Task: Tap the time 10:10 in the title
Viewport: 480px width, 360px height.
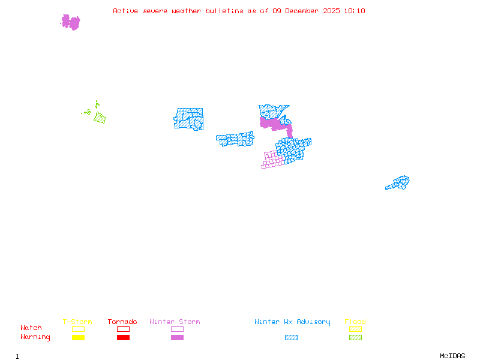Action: coord(356,11)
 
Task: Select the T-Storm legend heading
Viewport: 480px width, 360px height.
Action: coord(77,322)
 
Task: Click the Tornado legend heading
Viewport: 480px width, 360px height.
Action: coord(122,322)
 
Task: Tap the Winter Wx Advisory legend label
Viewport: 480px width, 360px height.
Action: coord(292,322)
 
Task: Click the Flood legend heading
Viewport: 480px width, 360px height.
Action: coord(355,322)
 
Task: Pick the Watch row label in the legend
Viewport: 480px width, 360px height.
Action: coord(31,328)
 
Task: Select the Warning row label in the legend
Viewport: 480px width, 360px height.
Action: coord(35,337)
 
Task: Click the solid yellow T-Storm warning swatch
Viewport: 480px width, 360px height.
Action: coord(78,337)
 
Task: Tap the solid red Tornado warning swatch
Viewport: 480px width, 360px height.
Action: coord(123,337)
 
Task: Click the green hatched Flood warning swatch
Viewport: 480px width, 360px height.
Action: coord(355,337)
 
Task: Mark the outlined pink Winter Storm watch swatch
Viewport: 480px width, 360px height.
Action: coord(177,329)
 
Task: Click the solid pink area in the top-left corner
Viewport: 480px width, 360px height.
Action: coord(71,22)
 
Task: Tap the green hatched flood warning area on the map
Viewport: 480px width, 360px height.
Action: coord(100,118)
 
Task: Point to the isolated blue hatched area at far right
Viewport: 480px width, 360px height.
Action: coord(398,182)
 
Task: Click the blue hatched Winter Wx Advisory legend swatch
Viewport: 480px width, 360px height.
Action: coord(291,337)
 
